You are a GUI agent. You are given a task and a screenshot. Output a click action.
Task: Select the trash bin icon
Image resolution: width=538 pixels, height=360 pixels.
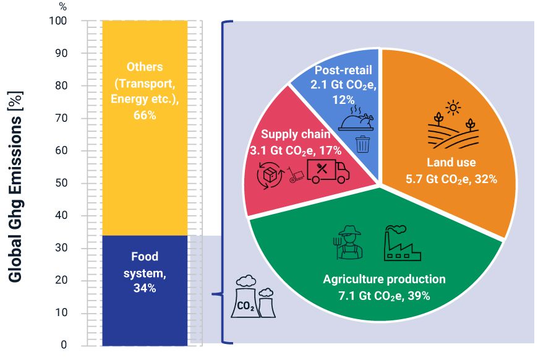coord(363,144)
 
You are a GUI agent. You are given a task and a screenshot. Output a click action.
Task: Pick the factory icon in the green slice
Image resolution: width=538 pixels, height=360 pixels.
coord(401,244)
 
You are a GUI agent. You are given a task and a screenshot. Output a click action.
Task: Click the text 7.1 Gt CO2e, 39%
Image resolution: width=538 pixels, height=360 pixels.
coord(384,295)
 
